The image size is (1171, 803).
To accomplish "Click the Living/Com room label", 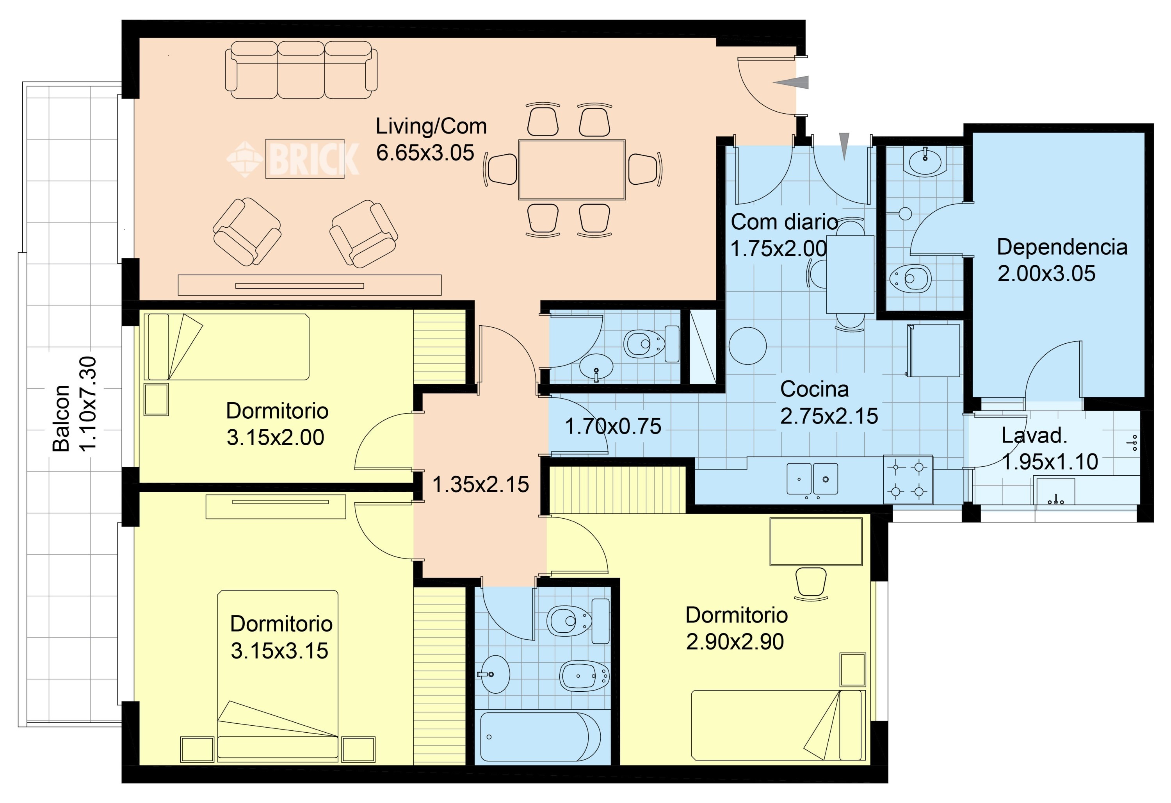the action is pos(431,126).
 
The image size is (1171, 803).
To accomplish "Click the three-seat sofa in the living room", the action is pos(301,70).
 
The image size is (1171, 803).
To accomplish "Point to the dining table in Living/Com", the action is pos(572,170).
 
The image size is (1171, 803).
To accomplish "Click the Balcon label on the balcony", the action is pos(61,418).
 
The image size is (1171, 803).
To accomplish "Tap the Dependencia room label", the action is pos(1062,247).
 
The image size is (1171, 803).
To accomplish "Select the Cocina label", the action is pos(814,389).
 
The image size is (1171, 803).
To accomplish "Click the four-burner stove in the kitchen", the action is pos(908,479).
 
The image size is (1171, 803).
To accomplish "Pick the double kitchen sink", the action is pos(812,479).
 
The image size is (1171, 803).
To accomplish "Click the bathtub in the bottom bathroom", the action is pos(540,737).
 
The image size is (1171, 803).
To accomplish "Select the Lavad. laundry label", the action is pos(1034,435).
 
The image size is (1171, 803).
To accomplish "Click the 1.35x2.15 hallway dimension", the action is pos(481,484).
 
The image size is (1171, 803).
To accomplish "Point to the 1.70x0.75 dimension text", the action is pos(613,426).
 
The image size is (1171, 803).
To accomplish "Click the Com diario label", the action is pos(785,222).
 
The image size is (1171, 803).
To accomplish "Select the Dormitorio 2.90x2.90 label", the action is pos(736,628).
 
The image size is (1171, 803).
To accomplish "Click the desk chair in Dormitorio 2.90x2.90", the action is pos(811,584).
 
